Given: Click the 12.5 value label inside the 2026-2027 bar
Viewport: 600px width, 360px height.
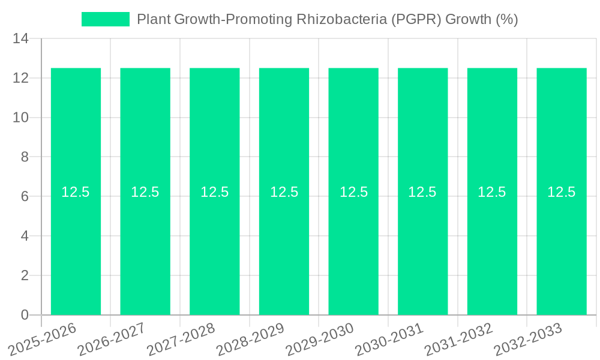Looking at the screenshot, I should [145, 192].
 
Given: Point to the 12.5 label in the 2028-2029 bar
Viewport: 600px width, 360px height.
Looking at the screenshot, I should [284, 192].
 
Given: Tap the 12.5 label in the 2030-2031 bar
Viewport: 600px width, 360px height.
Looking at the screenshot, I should [422, 192].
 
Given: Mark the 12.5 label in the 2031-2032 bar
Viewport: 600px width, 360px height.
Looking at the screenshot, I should [492, 192].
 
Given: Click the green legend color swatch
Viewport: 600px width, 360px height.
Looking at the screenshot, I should [106, 19].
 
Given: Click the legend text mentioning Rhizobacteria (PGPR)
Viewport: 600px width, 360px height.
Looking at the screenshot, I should [327, 19].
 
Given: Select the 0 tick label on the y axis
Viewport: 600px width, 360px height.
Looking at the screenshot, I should [25, 315].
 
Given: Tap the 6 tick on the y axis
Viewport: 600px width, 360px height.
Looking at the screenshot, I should [25, 197].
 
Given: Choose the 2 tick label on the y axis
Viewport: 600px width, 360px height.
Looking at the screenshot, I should [25, 275].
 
